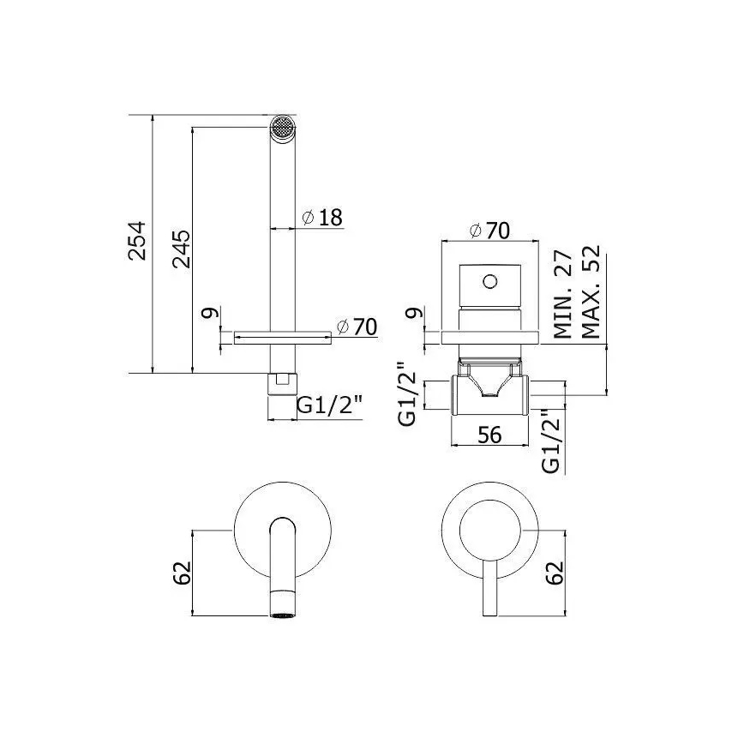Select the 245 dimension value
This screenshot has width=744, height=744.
[x=181, y=250]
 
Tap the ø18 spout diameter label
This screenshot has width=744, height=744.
[x=322, y=218]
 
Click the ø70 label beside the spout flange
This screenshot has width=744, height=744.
[x=357, y=327]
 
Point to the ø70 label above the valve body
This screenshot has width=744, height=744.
[x=489, y=230]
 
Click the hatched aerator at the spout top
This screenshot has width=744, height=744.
[x=281, y=128]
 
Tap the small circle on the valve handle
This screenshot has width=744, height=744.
[x=489, y=281]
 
